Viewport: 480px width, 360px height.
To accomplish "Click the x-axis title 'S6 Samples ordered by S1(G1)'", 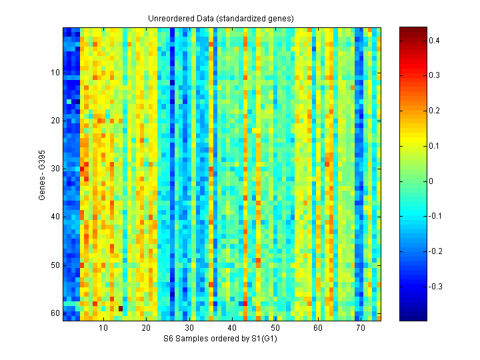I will point(221,339).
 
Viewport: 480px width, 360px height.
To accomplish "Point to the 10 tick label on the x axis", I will point(103,328).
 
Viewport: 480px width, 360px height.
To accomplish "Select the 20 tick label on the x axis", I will point(146,328).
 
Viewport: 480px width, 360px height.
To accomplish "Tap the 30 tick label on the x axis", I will point(189,328).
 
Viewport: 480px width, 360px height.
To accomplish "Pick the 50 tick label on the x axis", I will point(275,328).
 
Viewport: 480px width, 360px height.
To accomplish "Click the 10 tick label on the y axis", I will point(55,73).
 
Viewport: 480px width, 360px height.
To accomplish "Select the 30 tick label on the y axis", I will point(55,169).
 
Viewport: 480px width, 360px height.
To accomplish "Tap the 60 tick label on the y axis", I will point(55,313).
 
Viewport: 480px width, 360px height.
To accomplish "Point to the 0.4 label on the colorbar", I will point(433,41).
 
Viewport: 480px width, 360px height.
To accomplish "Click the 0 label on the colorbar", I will point(431,181).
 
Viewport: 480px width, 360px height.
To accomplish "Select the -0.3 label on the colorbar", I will point(435,286).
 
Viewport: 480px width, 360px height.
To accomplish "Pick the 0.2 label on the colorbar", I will point(433,111).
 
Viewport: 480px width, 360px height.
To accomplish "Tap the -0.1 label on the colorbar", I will point(435,216).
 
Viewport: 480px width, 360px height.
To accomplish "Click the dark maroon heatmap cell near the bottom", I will point(120,308).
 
